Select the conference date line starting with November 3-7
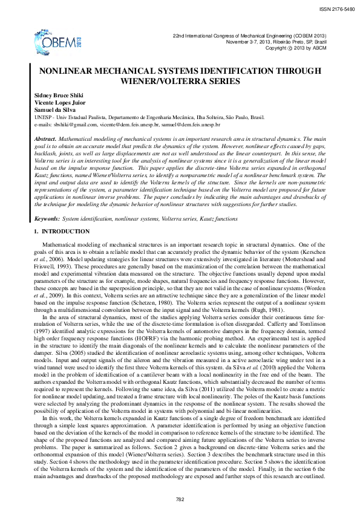tap(277, 42)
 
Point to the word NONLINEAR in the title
tap(68, 71)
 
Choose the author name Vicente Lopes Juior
tap(57, 103)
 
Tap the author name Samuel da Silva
tap(54, 110)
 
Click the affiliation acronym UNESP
tap(43, 117)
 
